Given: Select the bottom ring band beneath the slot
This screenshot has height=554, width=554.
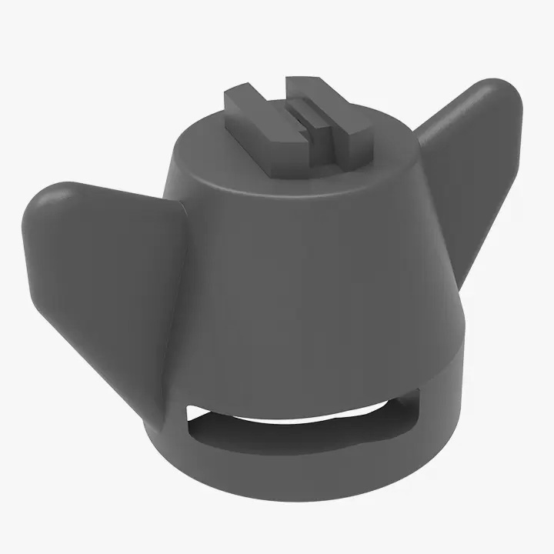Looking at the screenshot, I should (x=308, y=477).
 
